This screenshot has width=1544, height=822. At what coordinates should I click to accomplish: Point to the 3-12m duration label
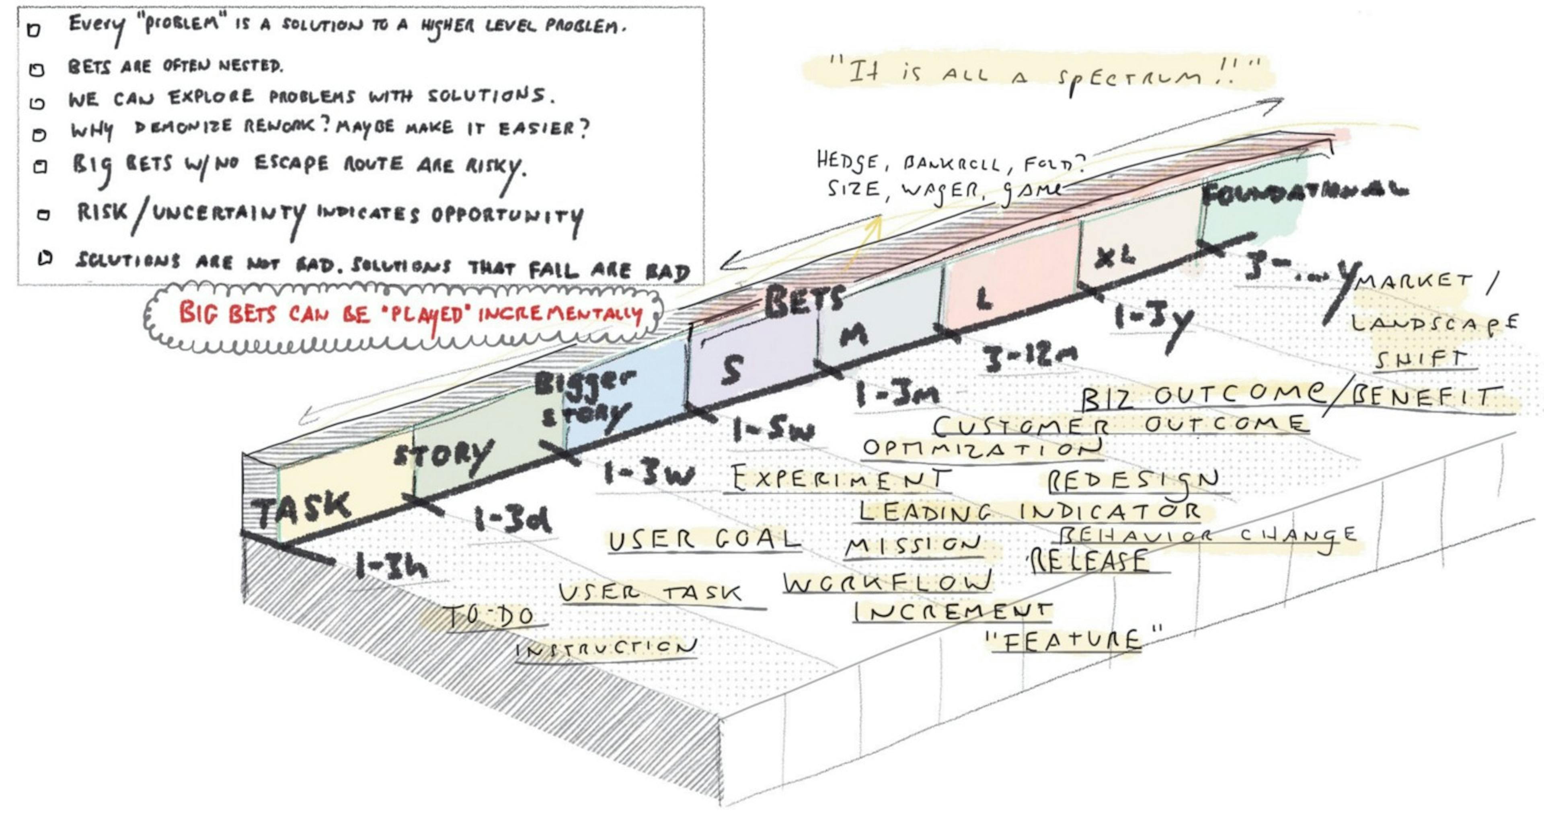pyautogui.click(x=1030, y=357)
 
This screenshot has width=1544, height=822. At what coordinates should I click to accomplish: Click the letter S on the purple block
pyautogui.click(x=732, y=370)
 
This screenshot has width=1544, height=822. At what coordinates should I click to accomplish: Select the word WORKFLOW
pyautogui.click(x=887, y=581)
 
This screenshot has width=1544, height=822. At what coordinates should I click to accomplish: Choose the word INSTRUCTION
pyautogui.click(x=606, y=648)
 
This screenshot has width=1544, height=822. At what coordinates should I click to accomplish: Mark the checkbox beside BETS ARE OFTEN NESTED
pyautogui.click(x=37, y=70)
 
